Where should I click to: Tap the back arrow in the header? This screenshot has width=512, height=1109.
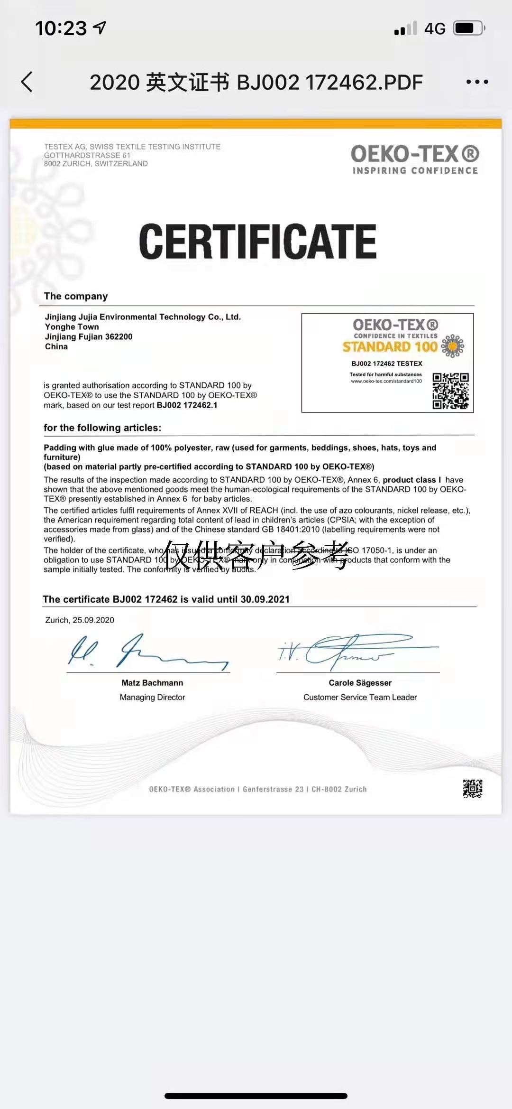pos(27,82)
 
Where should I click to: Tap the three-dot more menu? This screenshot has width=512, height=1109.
pos(477,82)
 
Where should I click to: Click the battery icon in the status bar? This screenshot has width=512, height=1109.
pos(468,28)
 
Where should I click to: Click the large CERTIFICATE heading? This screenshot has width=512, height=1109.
pos(257,242)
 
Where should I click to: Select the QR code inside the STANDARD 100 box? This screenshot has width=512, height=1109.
pos(450,391)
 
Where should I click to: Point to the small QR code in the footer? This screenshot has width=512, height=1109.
pos(472,788)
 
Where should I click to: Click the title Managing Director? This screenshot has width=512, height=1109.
pos(152,697)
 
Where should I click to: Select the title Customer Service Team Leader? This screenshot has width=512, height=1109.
pos(360,697)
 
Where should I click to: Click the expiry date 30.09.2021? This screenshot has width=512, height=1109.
pos(265,599)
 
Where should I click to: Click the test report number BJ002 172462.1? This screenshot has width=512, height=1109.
pos(187,405)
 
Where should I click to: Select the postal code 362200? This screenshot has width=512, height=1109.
pos(119,337)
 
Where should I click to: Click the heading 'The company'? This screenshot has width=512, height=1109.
pos(76,296)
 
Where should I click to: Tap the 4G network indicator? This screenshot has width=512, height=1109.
pos(435,28)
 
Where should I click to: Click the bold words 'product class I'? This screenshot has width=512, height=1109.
pos(411,480)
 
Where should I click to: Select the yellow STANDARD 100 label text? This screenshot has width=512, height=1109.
pos(390,347)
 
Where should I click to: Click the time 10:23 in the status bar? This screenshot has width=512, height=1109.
pos(61,28)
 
